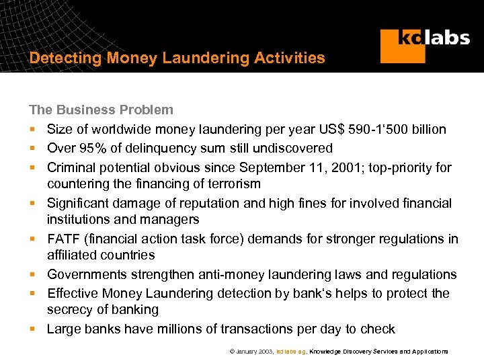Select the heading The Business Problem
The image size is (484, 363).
coord(101,110)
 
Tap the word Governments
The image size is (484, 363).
coord(87,274)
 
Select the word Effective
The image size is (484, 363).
coord(73,294)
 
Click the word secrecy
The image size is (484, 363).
coord(70,310)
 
